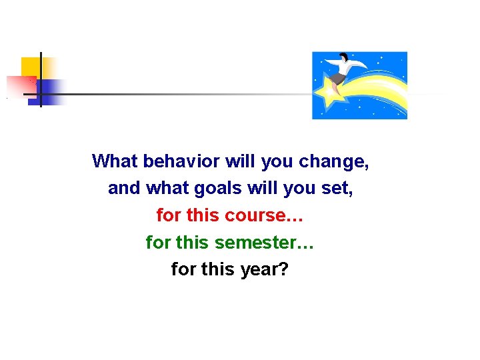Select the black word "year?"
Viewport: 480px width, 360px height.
(265, 270)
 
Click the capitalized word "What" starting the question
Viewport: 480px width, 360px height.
(115, 161)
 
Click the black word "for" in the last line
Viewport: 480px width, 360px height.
(184, 270)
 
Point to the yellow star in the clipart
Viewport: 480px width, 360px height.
(329, 93)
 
